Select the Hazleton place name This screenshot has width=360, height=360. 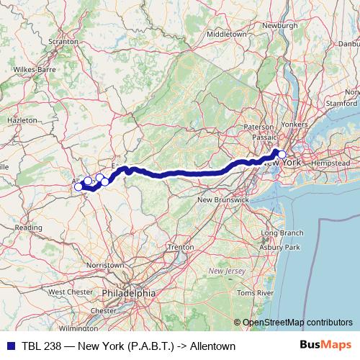(x=22, y=120)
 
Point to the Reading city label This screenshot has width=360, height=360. (x=29, y=227)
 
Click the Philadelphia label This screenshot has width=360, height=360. (x=128, y=293)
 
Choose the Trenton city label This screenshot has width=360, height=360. (x=180, y=247)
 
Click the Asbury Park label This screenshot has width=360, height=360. (x=281, y=248)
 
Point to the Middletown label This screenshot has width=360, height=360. (x=226, y=34)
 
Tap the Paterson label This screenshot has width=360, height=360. (x=258, y=127)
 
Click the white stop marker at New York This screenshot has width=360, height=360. (x=282, y=135)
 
